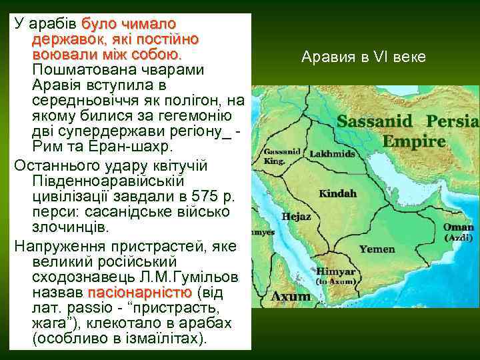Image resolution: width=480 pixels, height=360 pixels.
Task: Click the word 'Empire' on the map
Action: [x=414, y=141]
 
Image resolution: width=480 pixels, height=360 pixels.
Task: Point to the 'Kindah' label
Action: [x=338, y=193]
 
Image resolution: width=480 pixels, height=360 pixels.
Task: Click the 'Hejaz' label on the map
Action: [x=296, y=217]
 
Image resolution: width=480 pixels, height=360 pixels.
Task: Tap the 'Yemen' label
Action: [x=377, y=249]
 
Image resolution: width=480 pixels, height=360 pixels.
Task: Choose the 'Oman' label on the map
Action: [x=458, y=227]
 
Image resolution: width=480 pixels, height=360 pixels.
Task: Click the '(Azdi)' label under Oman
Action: [x=459, y=237]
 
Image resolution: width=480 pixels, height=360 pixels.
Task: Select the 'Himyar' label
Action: [x=335, y=272]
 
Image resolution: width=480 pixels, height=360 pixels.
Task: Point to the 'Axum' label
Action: [x=293, y=296]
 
